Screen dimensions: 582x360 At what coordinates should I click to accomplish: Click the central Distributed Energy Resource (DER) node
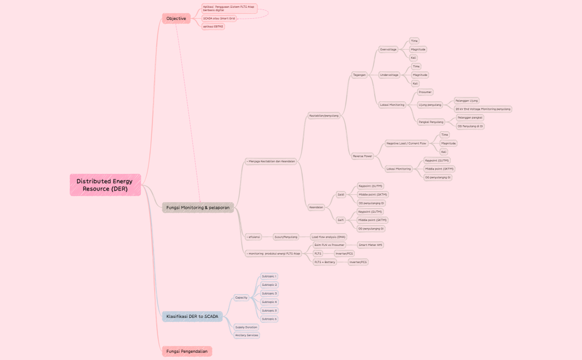(x=105, y=185)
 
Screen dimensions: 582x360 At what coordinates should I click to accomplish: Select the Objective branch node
(x=176, y=18)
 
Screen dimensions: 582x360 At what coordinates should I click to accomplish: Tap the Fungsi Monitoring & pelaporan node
(x=198, y=207)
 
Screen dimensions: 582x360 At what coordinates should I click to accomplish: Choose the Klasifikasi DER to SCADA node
(x=192, y=316)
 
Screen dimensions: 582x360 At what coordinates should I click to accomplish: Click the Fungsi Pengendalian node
(x=187, y=351)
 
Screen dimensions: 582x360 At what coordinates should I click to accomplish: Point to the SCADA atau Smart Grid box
(x=219, y=18)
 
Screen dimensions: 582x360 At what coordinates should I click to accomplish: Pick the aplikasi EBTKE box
(x=213, y=26)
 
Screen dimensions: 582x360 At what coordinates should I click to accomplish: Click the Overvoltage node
(x=389, y=49)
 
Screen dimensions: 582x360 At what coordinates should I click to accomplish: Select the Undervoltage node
(x=389, y=75)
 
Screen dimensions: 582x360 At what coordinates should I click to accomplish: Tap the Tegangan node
(x=360, y=75)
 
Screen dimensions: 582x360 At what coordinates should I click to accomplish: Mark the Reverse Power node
(x=363, y=156)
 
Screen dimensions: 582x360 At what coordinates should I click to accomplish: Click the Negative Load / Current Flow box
(x=406, y=143)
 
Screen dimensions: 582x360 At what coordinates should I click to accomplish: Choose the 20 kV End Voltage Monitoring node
(x=482, y=109)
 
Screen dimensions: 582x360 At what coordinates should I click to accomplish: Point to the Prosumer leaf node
(x=425, y=92)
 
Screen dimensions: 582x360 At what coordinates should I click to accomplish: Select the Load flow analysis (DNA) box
(x=328, y=236)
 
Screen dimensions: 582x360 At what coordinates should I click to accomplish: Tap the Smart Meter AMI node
(x=371, y=245)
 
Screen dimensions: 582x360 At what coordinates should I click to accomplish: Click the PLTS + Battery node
(x=325, y=262)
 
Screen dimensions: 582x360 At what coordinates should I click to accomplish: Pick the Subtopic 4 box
(x=269, y=302)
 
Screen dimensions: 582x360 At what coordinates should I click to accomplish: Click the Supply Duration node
(x=246, y=327)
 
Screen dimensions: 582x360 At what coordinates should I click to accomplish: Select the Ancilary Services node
(x=247, y=335)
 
